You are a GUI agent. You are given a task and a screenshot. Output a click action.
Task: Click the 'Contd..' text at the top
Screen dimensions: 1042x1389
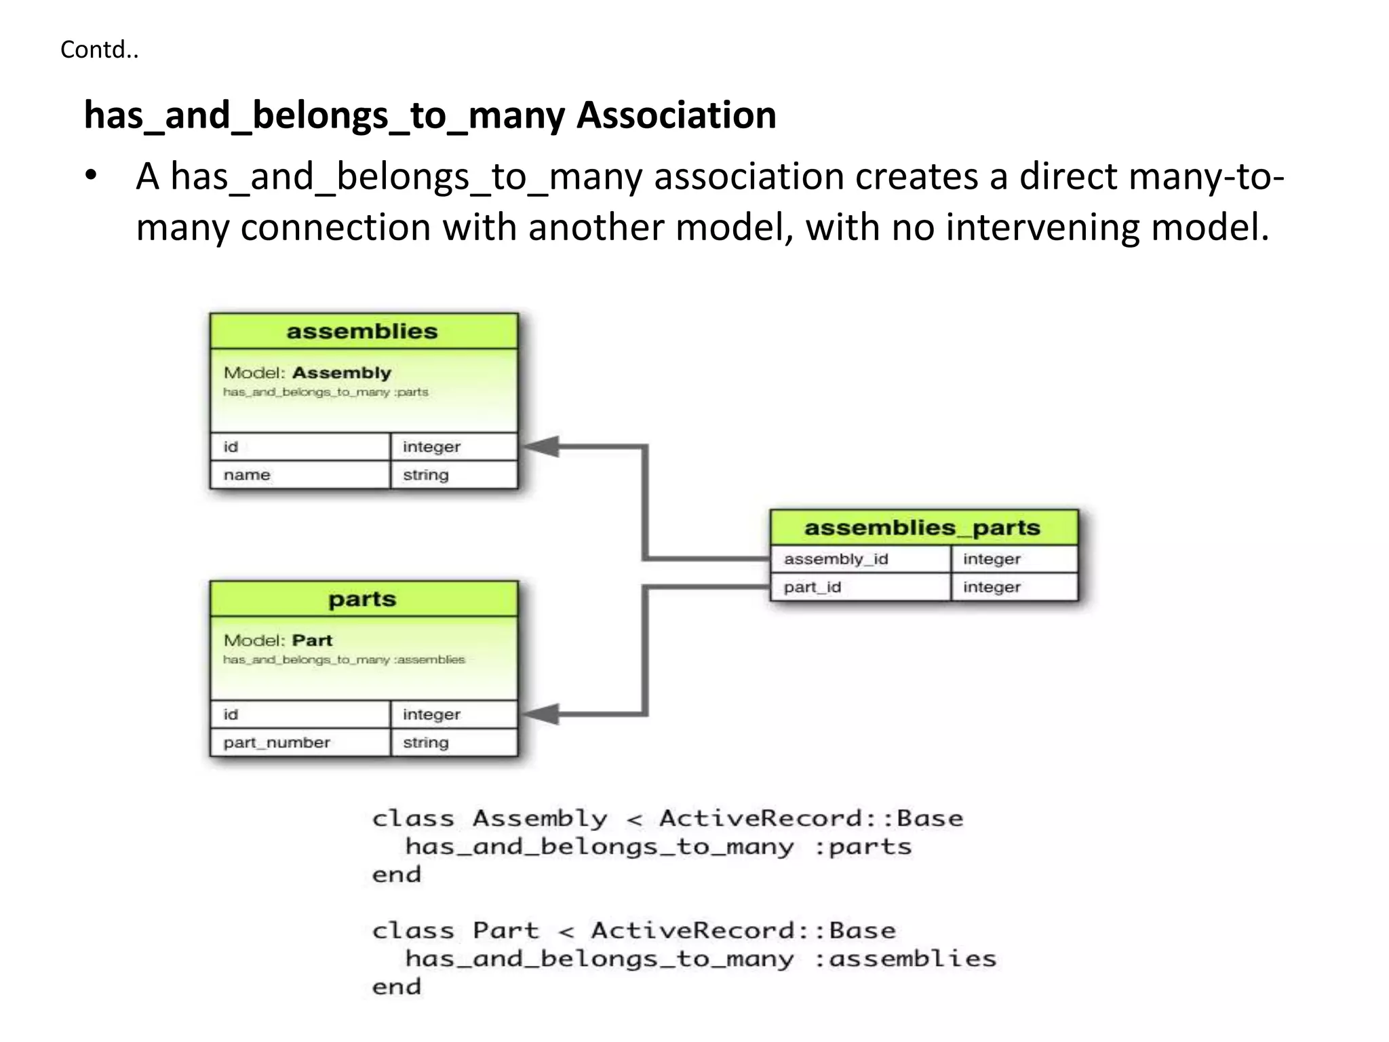(x=99, y=50)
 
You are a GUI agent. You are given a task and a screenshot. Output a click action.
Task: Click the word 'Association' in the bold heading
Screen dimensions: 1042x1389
(x=676, y=115)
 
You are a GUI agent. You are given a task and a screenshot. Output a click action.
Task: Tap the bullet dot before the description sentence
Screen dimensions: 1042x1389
(x=92, y=176)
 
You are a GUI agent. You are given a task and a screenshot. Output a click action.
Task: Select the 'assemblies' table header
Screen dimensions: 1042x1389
(x=363, y=331)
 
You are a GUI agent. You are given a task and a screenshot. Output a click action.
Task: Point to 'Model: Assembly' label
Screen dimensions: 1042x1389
(x=307, y=372)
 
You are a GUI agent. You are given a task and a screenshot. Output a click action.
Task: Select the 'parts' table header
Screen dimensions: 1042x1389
(x=363, y=599)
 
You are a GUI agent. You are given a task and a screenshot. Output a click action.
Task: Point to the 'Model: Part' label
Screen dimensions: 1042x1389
(x=278, y=640)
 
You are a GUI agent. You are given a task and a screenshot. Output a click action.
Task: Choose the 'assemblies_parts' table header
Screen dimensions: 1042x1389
(x=922, y=527)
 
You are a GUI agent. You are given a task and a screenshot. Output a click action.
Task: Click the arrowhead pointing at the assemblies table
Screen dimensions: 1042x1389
(x=543, y=446)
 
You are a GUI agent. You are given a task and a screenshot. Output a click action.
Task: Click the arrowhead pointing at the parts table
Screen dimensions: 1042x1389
(x=543, y=714)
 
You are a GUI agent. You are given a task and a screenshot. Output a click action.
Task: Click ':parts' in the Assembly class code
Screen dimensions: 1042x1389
(x=862, y=847)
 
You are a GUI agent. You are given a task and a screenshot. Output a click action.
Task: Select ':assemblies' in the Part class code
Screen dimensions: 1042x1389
(x=905, y=959)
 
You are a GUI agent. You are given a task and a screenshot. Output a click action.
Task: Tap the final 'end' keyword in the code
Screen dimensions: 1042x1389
(x=397, y=986)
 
